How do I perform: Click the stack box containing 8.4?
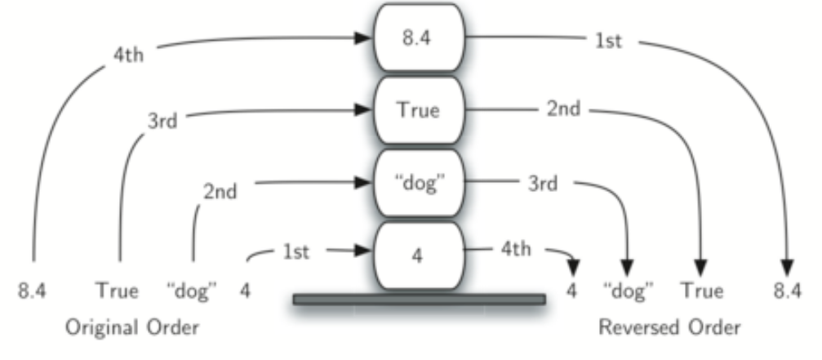pyautogui.click(x=418, y=38)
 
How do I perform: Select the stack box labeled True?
pyautogui.click(x=418, y=109)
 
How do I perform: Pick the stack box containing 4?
pyautogui.click(x=418, y=255)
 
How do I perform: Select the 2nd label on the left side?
pyautogui.click(x=220, y=193)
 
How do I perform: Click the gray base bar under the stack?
pyautogui.click(x=419, y=300)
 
